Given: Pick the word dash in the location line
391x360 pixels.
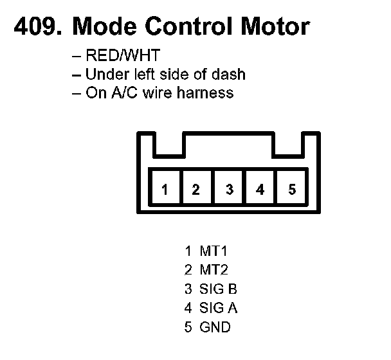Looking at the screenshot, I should [230, 74].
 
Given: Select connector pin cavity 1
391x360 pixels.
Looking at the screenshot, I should [165, 190].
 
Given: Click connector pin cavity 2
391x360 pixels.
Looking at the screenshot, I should [196, 190].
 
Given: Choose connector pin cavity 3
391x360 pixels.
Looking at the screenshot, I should [229, 190].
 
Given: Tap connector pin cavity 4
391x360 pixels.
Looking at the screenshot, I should [260, 190].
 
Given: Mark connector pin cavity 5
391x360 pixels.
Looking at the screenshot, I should [291, 190].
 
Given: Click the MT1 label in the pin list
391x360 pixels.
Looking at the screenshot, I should [214, 251].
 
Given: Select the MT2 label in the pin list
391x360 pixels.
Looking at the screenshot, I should [214, 270].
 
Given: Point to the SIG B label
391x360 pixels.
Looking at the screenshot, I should [219, 289].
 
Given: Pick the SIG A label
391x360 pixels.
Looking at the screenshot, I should [219, 308].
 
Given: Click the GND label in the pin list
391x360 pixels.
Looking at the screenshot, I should [215, 327].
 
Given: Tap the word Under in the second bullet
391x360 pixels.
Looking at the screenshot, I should [105, 74].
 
